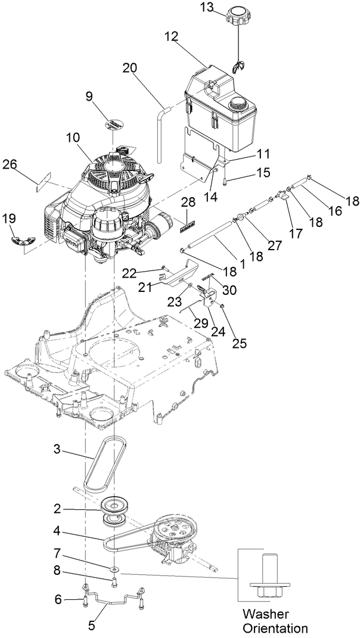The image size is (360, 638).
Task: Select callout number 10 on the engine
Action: [x=73, y=137]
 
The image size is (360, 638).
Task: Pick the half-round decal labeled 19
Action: [x=21, y=239]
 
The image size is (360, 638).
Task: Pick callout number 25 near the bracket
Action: [x=224, y=344]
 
